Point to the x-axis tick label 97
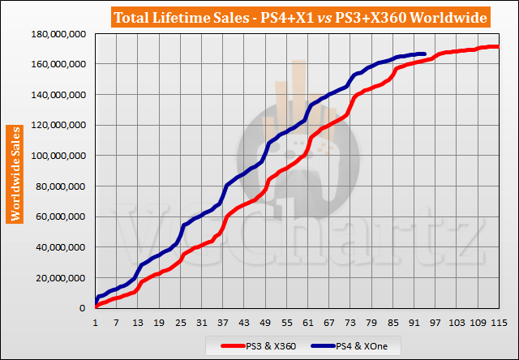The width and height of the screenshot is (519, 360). [435, 322]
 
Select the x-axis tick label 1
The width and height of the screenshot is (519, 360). [96, 322]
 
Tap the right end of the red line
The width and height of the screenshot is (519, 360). [499, 47]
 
